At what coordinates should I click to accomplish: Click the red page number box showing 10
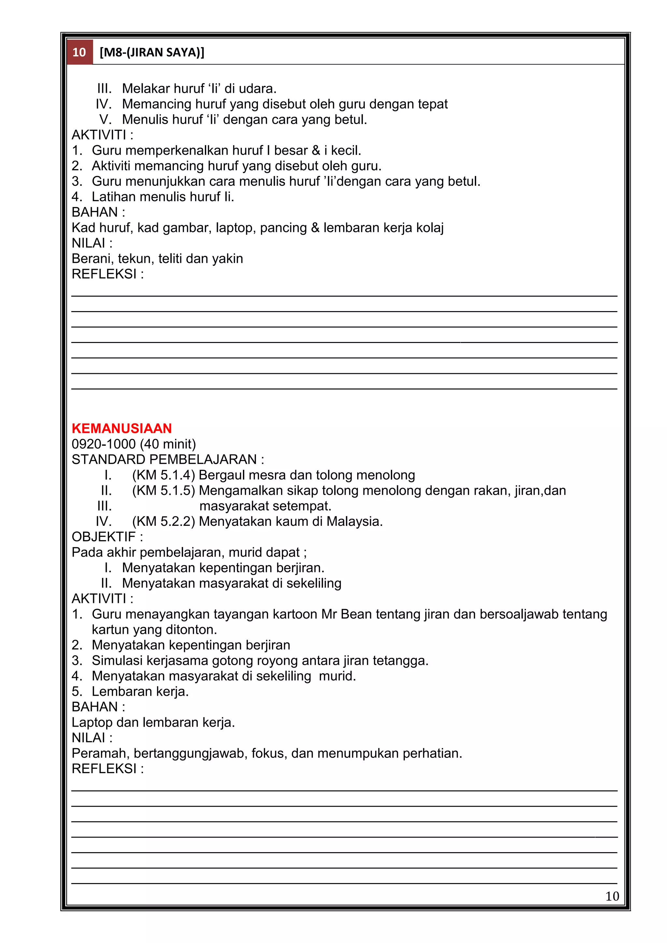[79, 52]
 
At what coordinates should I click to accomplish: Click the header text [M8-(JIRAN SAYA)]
[152, 52]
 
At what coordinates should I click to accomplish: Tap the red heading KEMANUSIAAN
[122, 428]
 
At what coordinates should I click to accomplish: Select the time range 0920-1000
[104, 444]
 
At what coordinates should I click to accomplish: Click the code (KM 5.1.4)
[163, 475]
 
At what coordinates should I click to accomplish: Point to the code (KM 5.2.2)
[163, 522]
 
